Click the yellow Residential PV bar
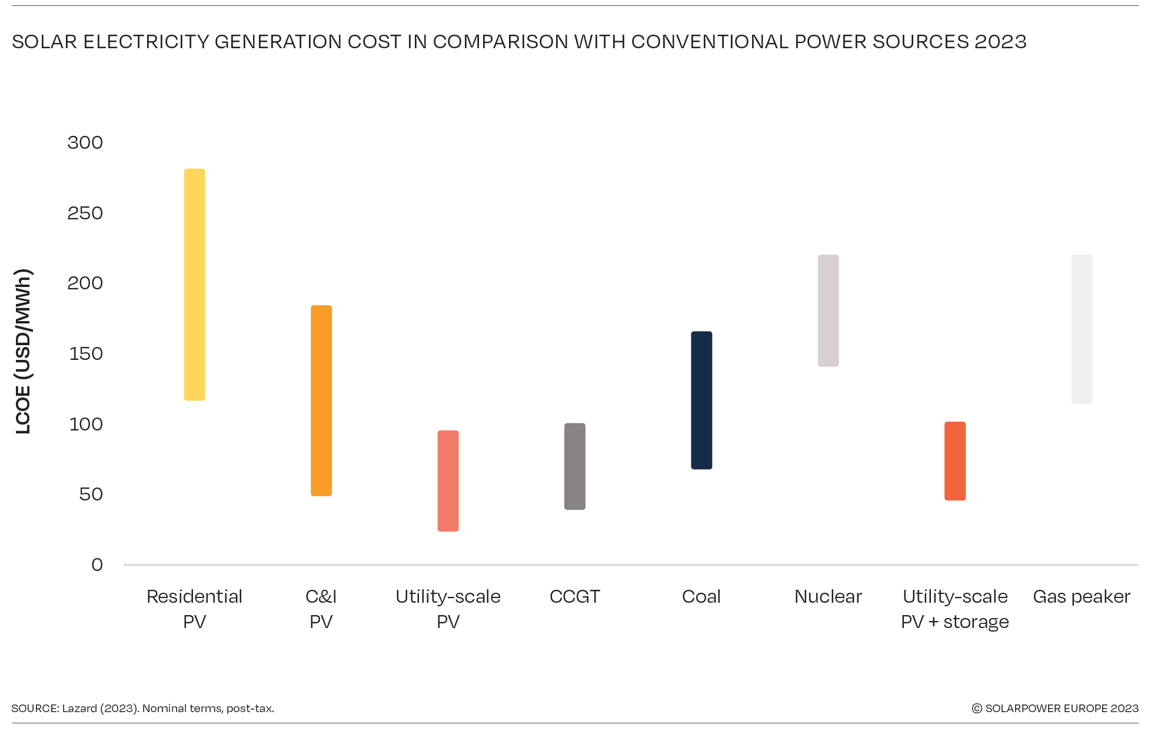point(194,285)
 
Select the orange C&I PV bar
point(321,400)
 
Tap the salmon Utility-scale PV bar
point(448,481)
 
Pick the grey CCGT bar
point(574,466)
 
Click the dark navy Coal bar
point(701,400)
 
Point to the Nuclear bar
point(828,310)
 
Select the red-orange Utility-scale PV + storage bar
point(954,461)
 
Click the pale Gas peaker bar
point(1082,329)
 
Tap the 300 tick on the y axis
point(85,143)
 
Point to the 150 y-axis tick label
point(86,354)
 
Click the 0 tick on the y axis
point(97,565)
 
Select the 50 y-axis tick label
point(91,495)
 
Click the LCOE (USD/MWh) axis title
point(23,352)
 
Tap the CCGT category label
point(574,597)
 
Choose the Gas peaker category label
point(1081,597)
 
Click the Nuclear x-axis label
point(828,597)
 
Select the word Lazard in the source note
point(79,709)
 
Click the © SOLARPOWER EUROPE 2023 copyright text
point(1055,709)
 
